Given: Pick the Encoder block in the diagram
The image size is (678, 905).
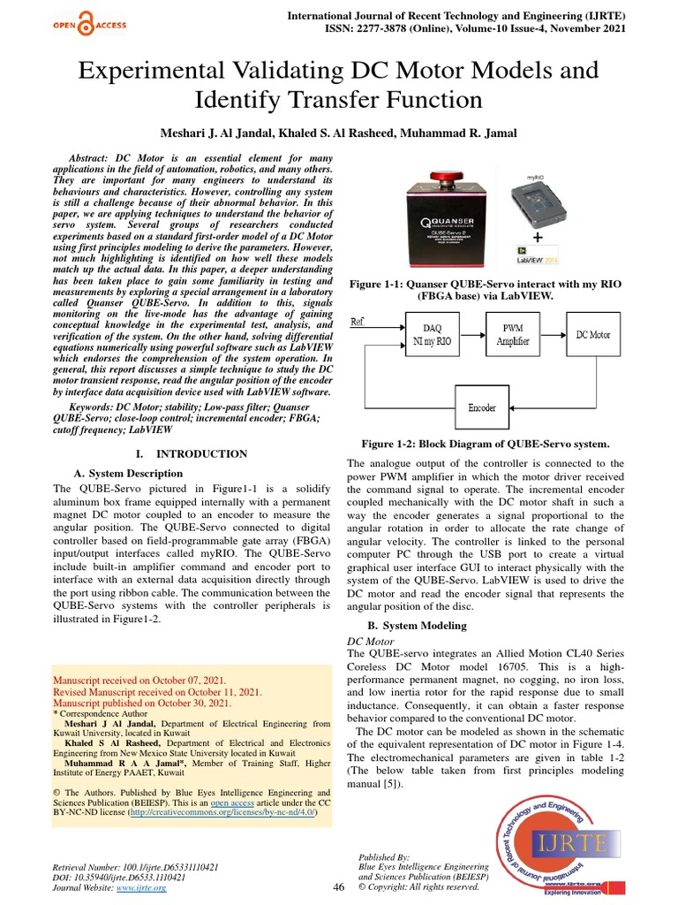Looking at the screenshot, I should pos(481,407).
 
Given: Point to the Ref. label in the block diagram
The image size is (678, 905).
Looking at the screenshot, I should pos(359,321).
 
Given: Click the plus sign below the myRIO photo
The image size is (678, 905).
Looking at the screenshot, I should pos(537,238).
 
